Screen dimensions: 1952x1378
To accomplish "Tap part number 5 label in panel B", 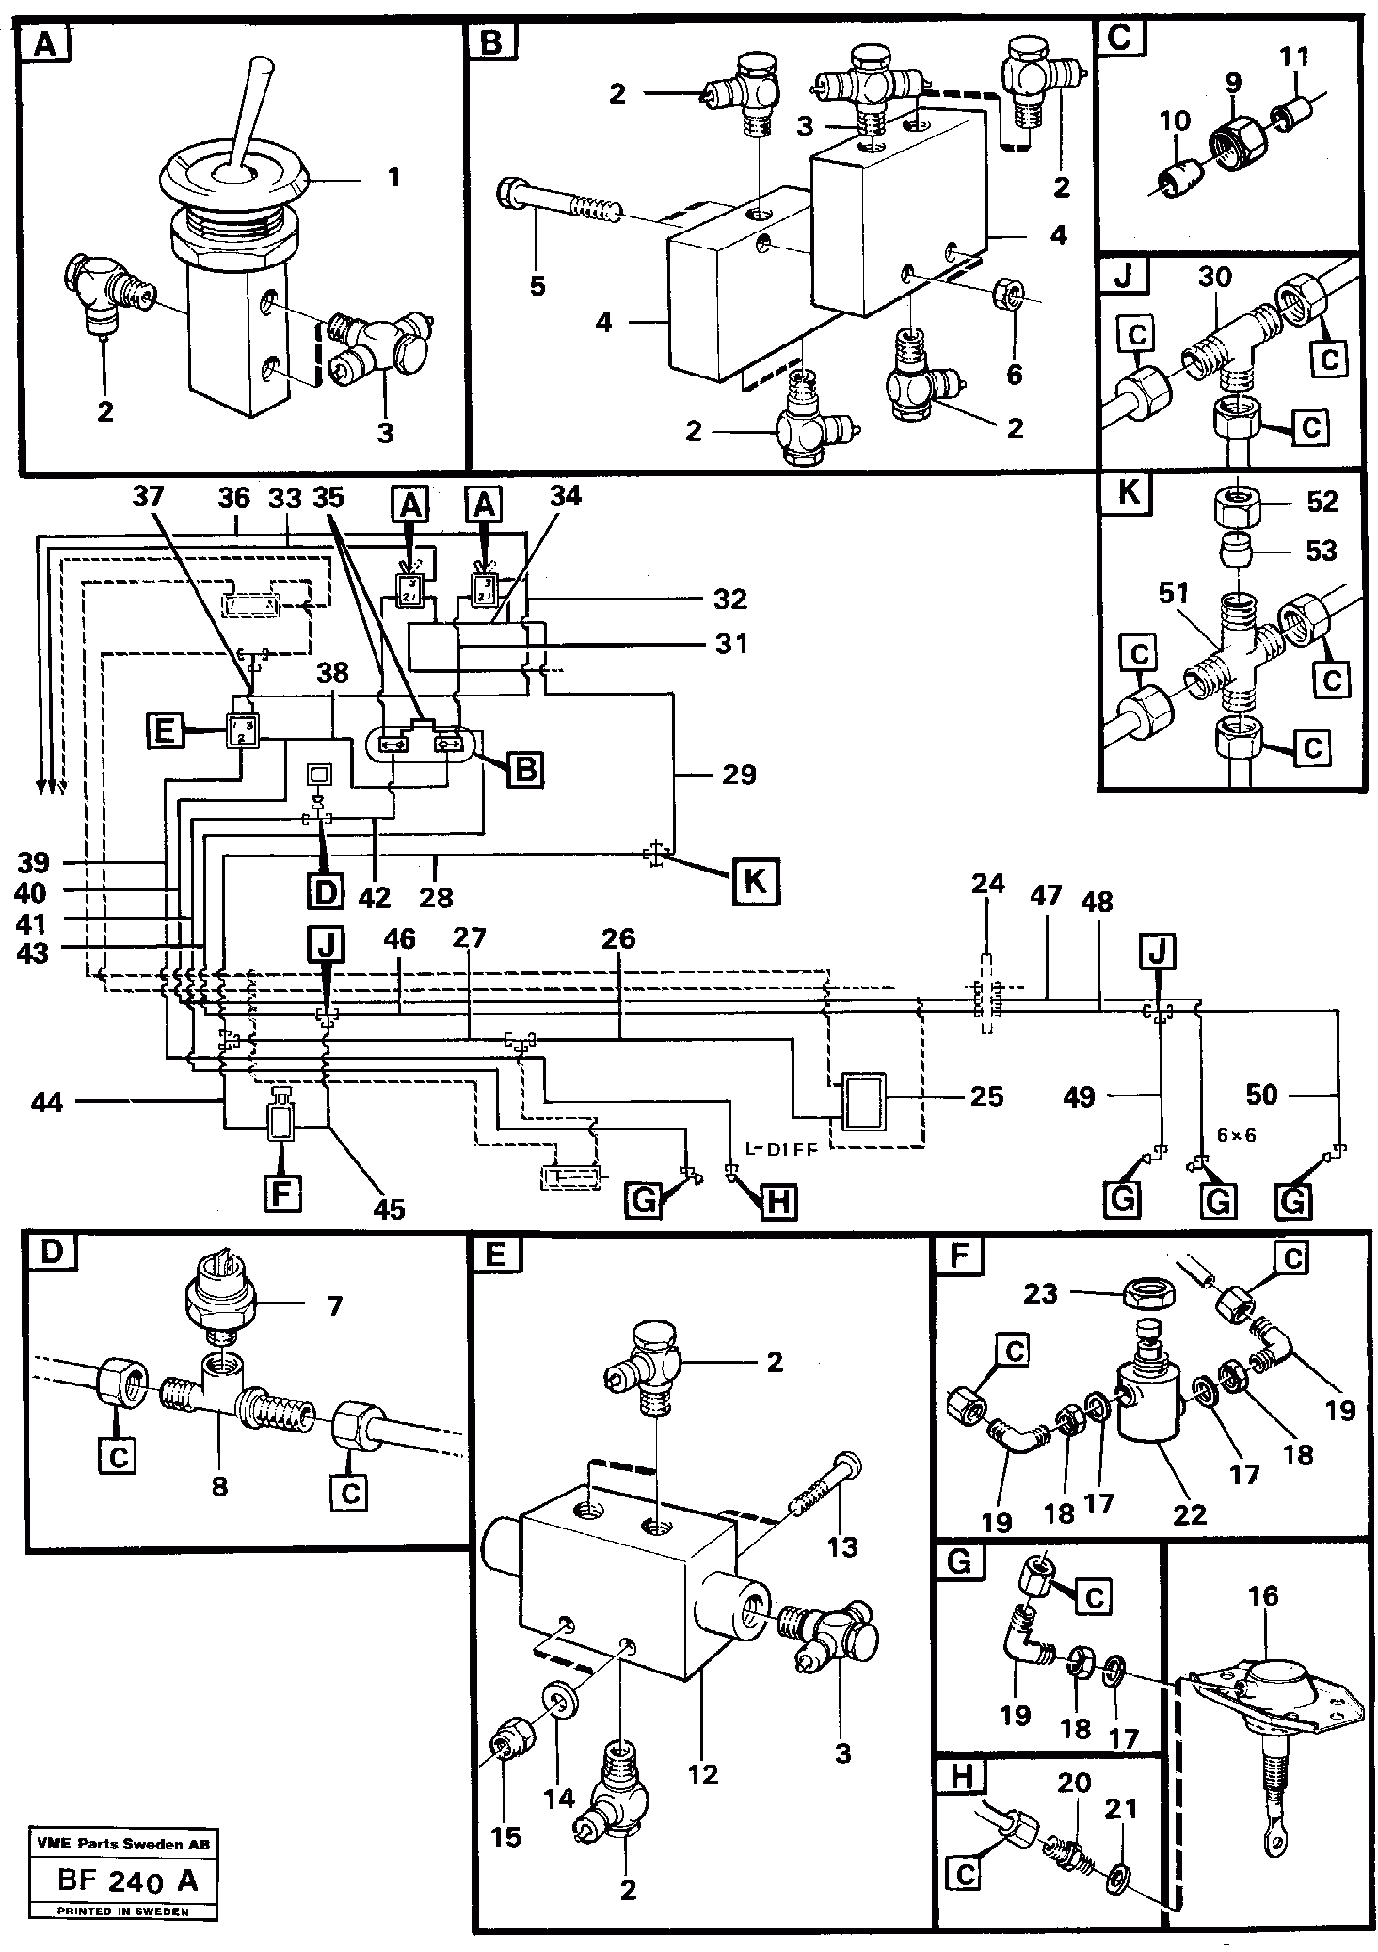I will tap(537, 285).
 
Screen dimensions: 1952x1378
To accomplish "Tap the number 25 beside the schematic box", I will tap(985, 1096).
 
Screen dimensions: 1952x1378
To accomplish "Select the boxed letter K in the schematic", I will tap(755, 884).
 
